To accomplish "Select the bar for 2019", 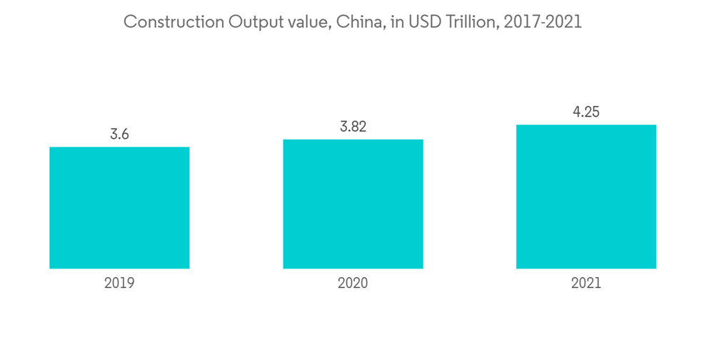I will click(119, 208).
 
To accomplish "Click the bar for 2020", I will click(353, 204).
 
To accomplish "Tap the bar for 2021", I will click(586, 196).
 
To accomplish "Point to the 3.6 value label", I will click(119, 134).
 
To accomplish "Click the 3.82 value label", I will click(353, 126).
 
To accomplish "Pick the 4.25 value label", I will click(586, 112).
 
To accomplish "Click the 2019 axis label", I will click(119, 283).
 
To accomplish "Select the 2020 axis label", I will click(353, 283).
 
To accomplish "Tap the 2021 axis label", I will click(586, 283).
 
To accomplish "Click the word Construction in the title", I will click(174, 22).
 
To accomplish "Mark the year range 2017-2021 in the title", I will click(543, 22).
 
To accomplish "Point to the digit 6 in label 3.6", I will click(125, 134).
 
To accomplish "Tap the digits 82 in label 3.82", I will click(359, 126).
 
